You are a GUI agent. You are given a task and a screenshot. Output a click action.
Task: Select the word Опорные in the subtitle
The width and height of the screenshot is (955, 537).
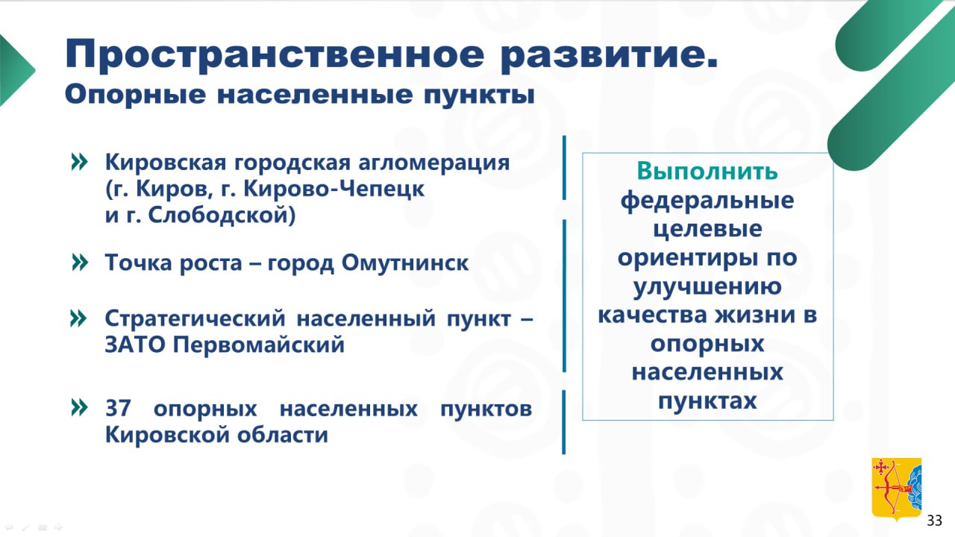136,95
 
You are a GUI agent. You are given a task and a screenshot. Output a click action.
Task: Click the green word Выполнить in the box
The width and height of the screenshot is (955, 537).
707,171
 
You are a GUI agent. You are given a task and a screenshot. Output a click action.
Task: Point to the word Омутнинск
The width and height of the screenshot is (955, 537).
405,263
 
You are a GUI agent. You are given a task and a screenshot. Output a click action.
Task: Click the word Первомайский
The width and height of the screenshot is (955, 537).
259,345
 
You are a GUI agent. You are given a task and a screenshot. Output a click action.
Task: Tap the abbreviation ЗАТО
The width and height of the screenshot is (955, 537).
135,345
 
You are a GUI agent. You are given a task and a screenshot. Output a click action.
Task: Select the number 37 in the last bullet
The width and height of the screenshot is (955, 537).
118,408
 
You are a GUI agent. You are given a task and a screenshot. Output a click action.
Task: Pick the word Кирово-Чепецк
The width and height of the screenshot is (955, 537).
334,189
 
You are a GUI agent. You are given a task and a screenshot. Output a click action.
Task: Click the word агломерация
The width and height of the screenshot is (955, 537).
434,163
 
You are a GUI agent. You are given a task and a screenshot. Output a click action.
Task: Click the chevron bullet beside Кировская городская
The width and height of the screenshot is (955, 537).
79,162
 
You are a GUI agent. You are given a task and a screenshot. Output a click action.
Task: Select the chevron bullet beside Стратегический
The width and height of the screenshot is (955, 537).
78,318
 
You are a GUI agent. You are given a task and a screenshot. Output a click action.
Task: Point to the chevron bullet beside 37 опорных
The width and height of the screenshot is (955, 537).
79,407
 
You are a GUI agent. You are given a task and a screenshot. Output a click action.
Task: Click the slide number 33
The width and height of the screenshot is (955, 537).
935,521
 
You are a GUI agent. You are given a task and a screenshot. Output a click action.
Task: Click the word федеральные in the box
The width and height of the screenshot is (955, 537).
707,201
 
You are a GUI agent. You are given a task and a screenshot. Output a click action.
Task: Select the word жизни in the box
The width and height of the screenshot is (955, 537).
751,315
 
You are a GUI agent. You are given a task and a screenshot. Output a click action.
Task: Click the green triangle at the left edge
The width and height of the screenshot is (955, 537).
15,70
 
